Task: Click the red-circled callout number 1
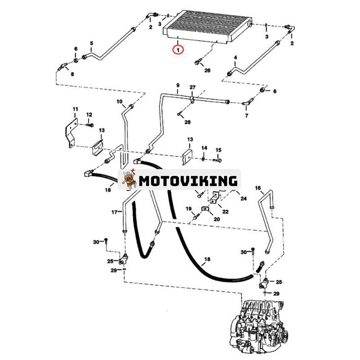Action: pyautogui.click(x=178, y=49)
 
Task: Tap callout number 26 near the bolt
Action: pyautogui.click(x=207, y=70)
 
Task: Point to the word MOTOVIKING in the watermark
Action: pyautogui.click(x=188, y=181)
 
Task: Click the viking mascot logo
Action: pyautogui.click(x=129, y=180)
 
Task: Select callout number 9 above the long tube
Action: pyautogui.click(x=178, y=85)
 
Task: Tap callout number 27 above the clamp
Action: pyautogui.click(x=193, y=87)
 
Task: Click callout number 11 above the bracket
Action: pyautogui.click(x=75, y=109)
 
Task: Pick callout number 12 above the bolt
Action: pyautogui.click(x=89, y=114)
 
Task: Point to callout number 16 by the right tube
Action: pyautogui.click(x=258, y=188)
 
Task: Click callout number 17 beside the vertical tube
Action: pyautogui.click(x=115, y=212)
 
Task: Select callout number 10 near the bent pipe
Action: pyautogui.click(x=119, y=101)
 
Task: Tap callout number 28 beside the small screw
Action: pyautogui.click(x=188, y=122)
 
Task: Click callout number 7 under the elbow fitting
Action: pyautogui.click(x=247, y=116)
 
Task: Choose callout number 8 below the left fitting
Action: pyautogui.click(x=72, y=74)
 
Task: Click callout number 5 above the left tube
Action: pyautogui.click(x=92, y=43)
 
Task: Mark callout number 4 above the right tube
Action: pyautogui.click(x=235, y=58)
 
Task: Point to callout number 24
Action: pyautogui.click(x=243, y=198)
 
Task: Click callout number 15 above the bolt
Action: pyautogui.click(x=218, y=150)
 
